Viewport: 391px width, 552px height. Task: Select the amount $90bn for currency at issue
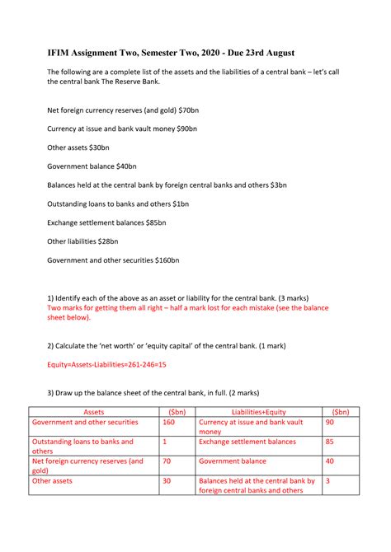[189, 128]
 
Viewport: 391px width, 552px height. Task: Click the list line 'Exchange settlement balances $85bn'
[106, 222]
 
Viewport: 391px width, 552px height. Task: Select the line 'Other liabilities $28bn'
[82, 241]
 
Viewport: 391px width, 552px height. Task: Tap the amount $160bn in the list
[167, 260]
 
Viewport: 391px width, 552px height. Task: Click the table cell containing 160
[169, 423]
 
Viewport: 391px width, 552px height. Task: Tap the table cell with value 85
[330, 442]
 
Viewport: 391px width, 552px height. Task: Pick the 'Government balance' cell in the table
[233, 461]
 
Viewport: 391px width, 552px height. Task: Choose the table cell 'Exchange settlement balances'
[247, 442]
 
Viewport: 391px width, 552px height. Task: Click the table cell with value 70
[167, 461]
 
